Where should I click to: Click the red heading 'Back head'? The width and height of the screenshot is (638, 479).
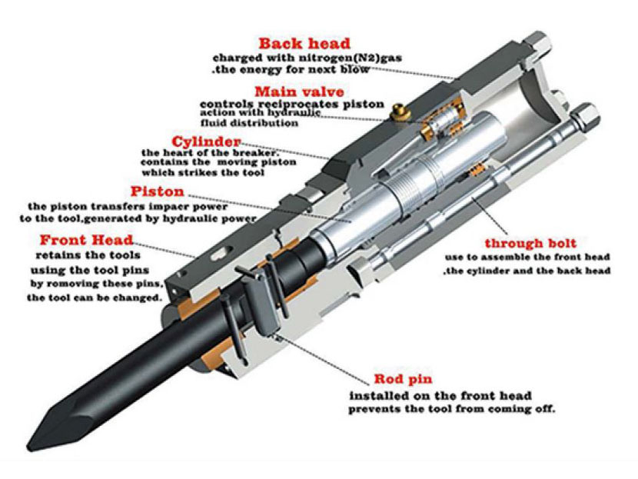(304, 43)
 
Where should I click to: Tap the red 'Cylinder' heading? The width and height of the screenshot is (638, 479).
(206, 141)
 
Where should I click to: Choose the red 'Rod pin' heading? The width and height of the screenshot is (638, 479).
(403, 379)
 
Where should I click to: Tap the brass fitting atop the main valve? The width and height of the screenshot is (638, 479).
(398, 111)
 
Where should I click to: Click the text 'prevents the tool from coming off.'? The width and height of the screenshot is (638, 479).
(451, 408)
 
